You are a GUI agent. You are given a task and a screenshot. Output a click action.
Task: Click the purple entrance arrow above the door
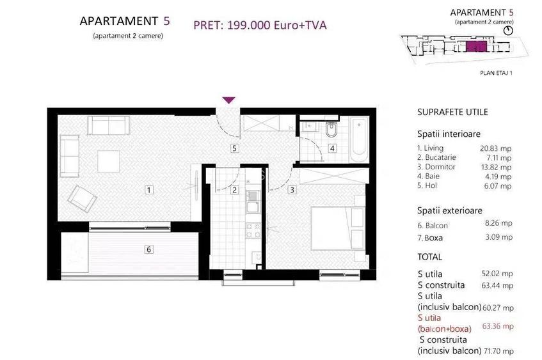(x=229, y=100)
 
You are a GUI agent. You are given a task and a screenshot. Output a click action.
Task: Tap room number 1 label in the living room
(x=149, y=190)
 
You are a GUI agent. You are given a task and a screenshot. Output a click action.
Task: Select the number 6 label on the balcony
(x=148, y=249)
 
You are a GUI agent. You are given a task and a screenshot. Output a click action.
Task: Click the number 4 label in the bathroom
(x=332, y=148)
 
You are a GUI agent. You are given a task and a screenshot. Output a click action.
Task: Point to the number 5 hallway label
(x=234, y=148)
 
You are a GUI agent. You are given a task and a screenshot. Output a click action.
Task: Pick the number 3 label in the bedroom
(x=292, y=190)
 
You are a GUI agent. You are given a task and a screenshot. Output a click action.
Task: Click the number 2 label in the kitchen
(x=234, y=190)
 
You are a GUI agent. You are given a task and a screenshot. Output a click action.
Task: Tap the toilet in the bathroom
(x=331, y=129)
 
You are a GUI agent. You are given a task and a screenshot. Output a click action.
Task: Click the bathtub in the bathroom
(x=359, y=139)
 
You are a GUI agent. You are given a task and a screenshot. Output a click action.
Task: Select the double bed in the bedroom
(x=338, y=228)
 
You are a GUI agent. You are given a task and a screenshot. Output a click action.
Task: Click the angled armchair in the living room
(x=82, y=199)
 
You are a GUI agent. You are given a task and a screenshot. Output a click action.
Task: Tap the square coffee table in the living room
(x=109, y=161)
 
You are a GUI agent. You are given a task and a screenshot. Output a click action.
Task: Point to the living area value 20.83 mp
(x=495, y=148)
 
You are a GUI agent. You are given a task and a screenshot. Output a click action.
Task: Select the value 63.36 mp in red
(x=498, y=326)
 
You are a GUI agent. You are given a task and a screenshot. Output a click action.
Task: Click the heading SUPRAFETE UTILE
(x=452, y=112)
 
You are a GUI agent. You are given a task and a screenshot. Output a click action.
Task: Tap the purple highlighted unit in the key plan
(x=477, y=46)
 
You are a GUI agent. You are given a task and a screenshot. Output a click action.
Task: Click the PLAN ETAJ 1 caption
(x=496, y=73)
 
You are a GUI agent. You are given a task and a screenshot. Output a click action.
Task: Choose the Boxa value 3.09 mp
(x=498, y=237)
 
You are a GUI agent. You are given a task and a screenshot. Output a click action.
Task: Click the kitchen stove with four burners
(x=253, y=230)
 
